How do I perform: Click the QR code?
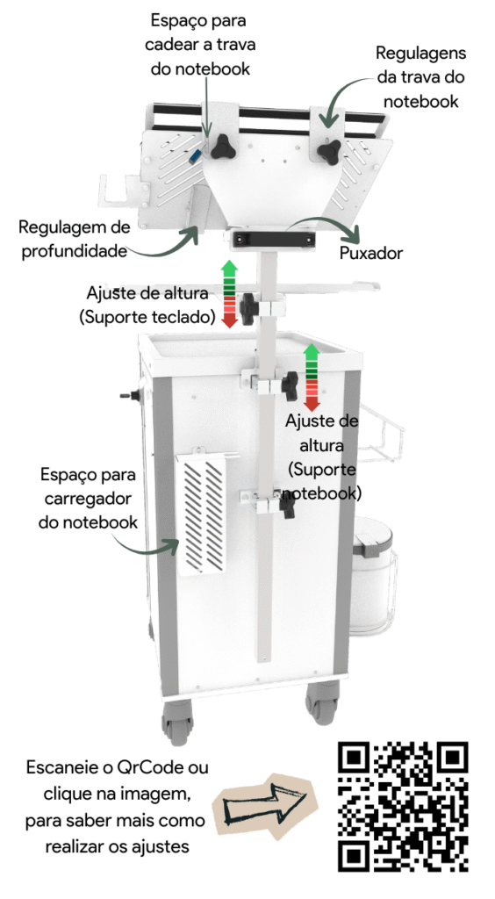pyautogui.click(x=404, y=807)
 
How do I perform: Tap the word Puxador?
pyautogui.click(x=371, y=253)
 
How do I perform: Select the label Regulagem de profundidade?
pyautogui.click(x=75, y=239)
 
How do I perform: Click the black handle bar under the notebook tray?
pyautogui.click(x=272, y=240)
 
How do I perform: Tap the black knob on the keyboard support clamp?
pyautogui.click(x=248, y=308)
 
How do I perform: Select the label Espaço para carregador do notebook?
pyautogui.click(x=89, y=499)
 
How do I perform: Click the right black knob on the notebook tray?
pyautogui.click(x=328, y=151)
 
